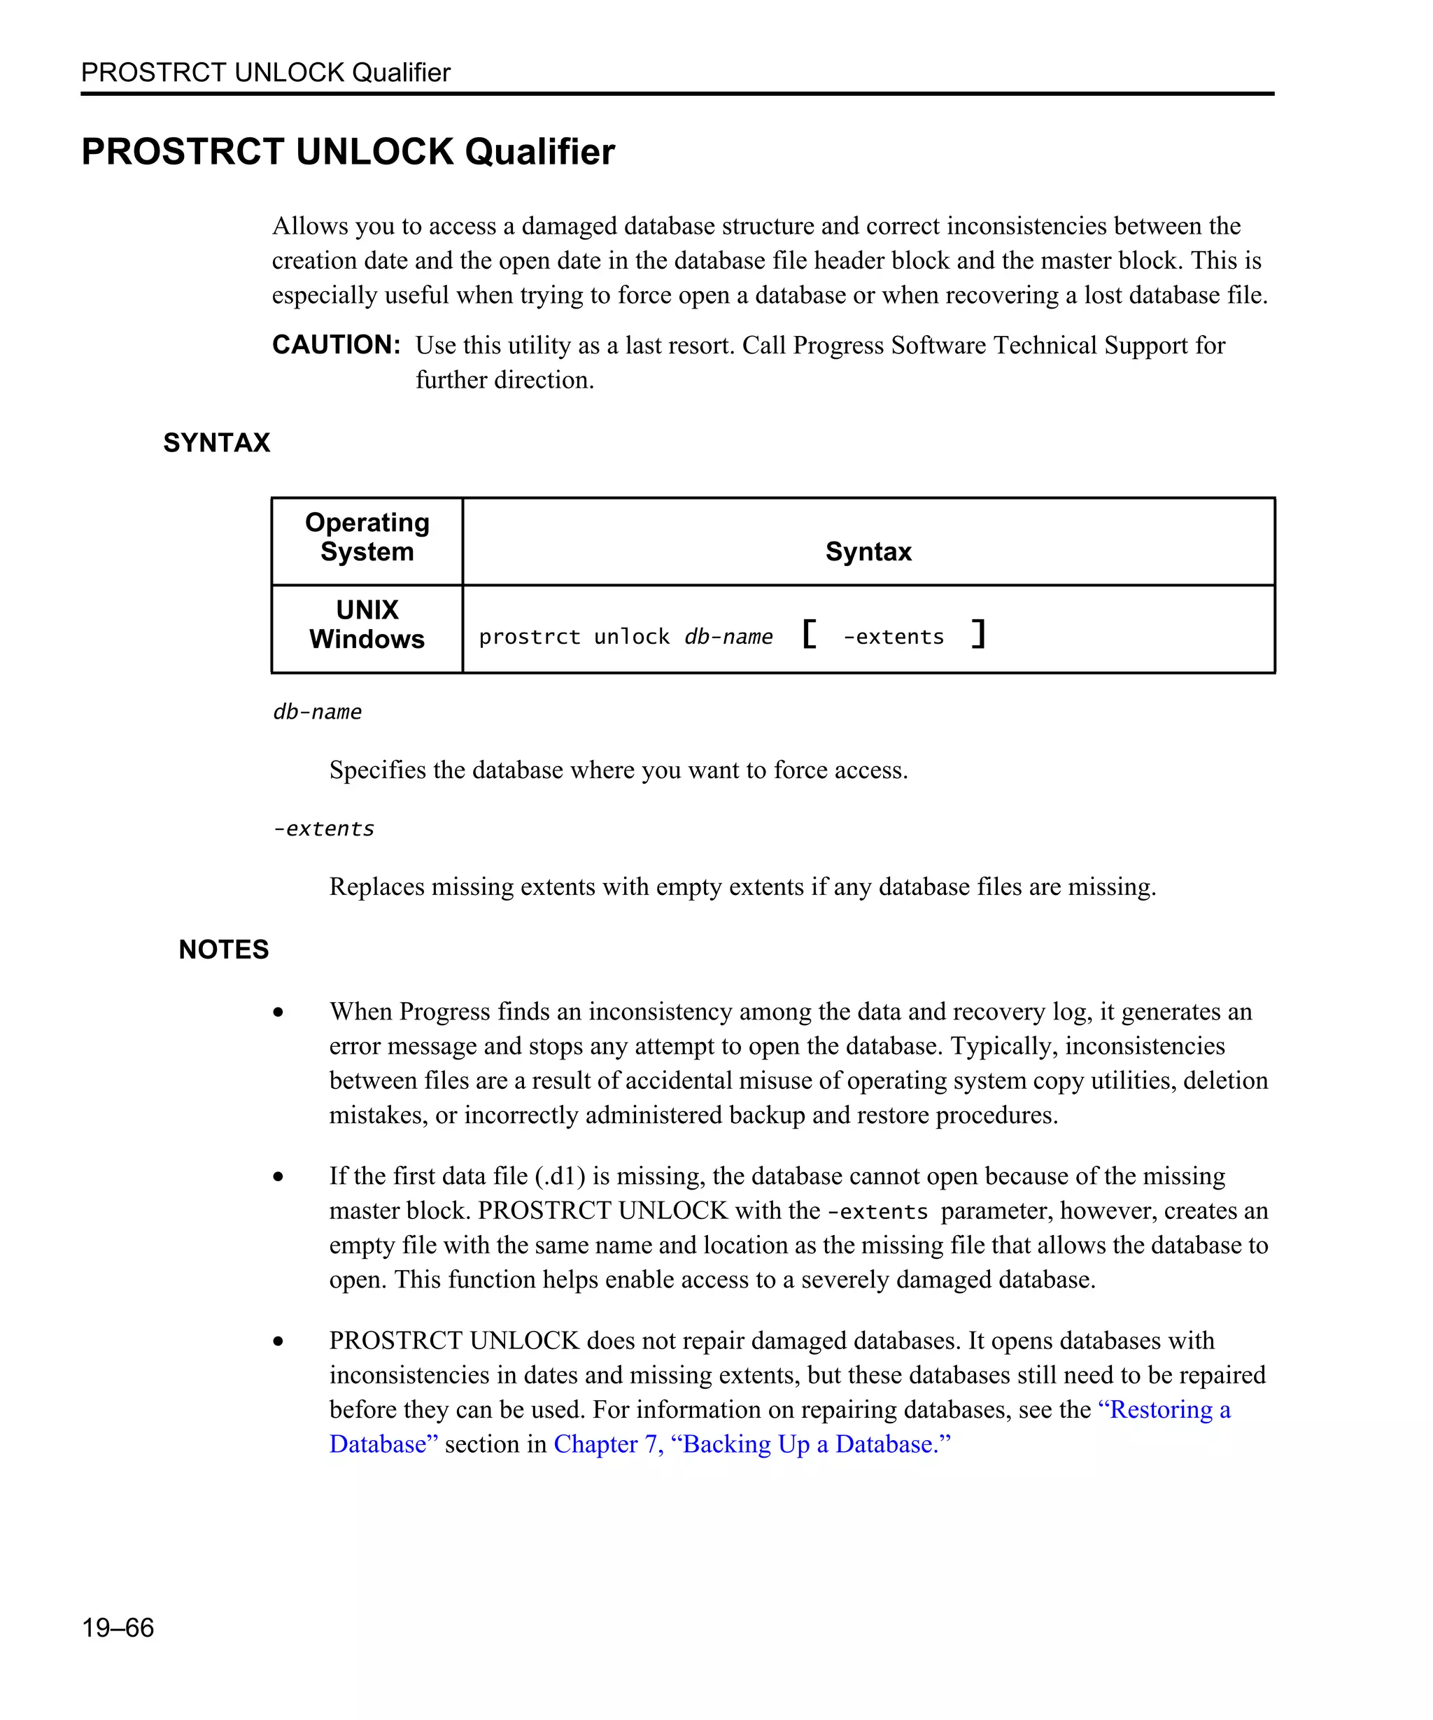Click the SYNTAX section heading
click(x=216, y=442)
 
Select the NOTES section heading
click(x=223, y=950)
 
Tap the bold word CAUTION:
click(x=336, y=345)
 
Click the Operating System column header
click(x=367, y=537)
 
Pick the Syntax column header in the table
click(x=868, y=551)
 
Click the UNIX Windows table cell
click(x=367, y=624)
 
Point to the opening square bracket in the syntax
click(x=809, y=634)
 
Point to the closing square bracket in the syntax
click(x=977, y=634)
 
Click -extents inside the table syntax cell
click(x=894, y=637)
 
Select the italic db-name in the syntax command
click(x=728, y=637)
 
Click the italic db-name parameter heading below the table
click(x=317, y=712)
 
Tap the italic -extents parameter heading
click(x=323, y=829)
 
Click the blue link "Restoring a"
click(x=1164, y=1409)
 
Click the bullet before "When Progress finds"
click(x=278, y=1013)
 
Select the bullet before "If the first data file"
click(x=278, y=1177)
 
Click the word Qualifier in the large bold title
click(x=539, y=152)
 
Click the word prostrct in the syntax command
click(x=529, y=637)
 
